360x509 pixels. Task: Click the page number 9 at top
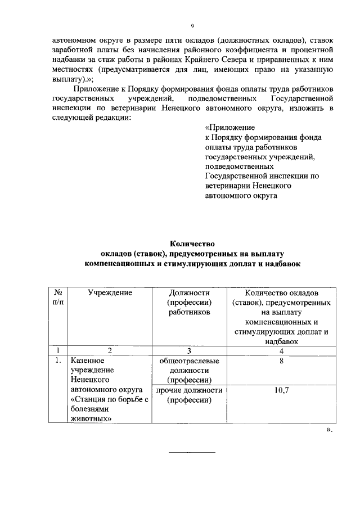click(192, 26)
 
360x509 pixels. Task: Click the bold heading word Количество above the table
click(192, 243)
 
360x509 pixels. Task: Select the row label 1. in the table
click(58, 361)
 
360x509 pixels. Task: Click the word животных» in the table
click(91, 418)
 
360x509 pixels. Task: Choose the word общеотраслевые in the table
click(189, 361)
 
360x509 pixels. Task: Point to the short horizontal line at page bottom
click(192, 453)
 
